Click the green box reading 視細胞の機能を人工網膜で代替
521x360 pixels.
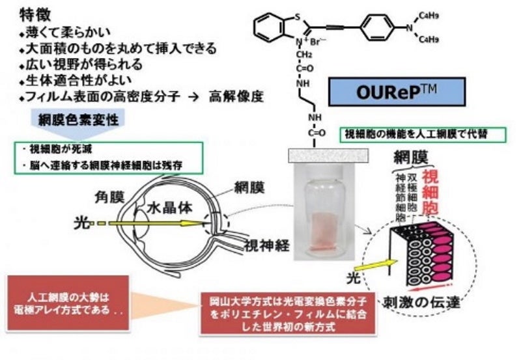click(x=415, y=135)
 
